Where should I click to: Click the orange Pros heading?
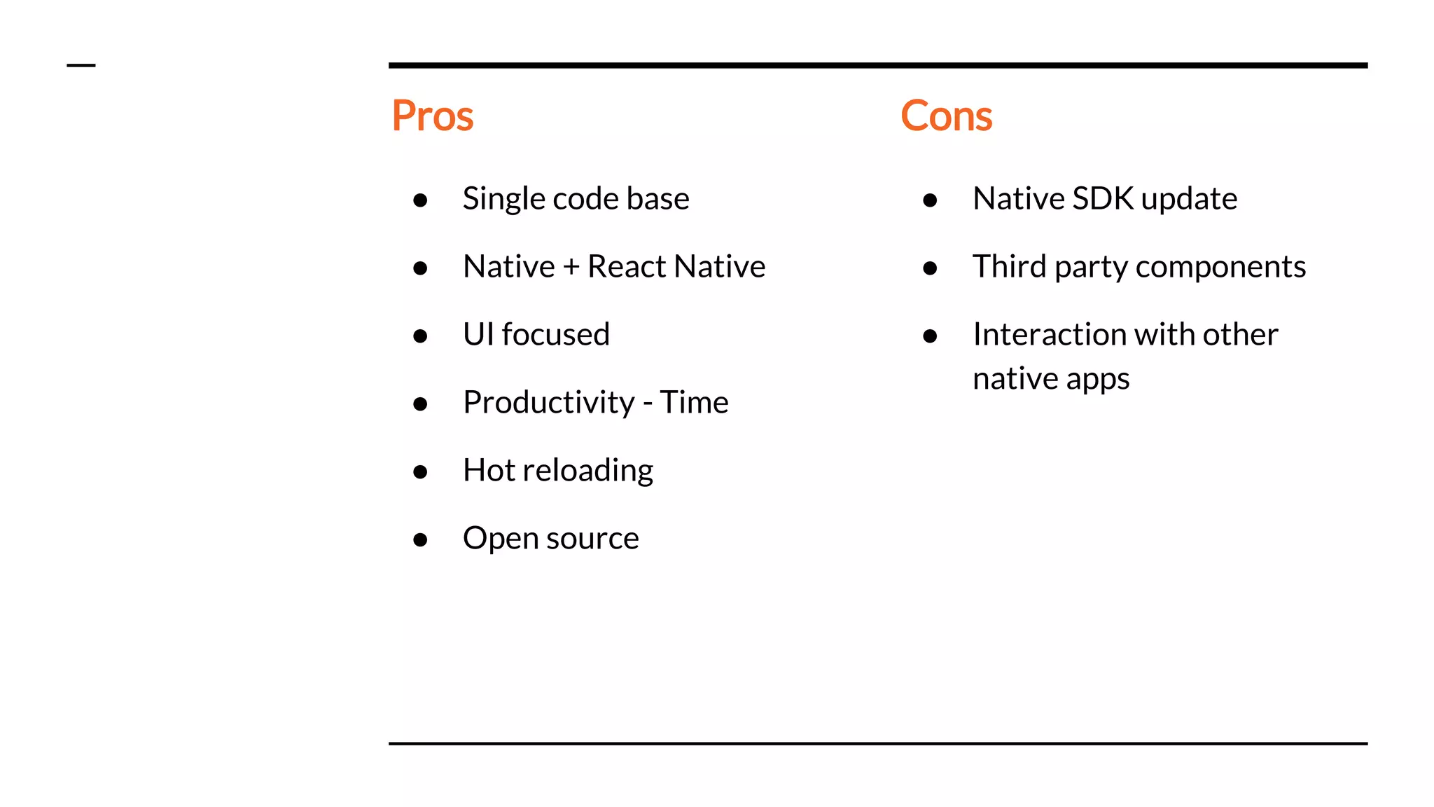click(x=432, y=116)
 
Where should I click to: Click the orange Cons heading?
click(x=946, y=116)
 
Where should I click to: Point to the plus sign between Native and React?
click(x=571, y=268)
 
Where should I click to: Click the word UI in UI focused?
click(x=478, y=334)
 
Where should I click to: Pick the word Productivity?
click(x=548, y=403)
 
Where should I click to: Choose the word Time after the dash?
click(x=694, y=402)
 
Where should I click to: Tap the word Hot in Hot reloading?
click(x=489, y=470)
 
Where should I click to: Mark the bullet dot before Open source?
click(x=420, y=539)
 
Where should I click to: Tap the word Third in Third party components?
click(x=1009, y=267)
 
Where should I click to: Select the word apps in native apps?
click(x=1097, y=380)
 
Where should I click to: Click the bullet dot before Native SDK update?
click(x=930, y=200)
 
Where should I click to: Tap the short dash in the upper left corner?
click(x=81, y=66)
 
